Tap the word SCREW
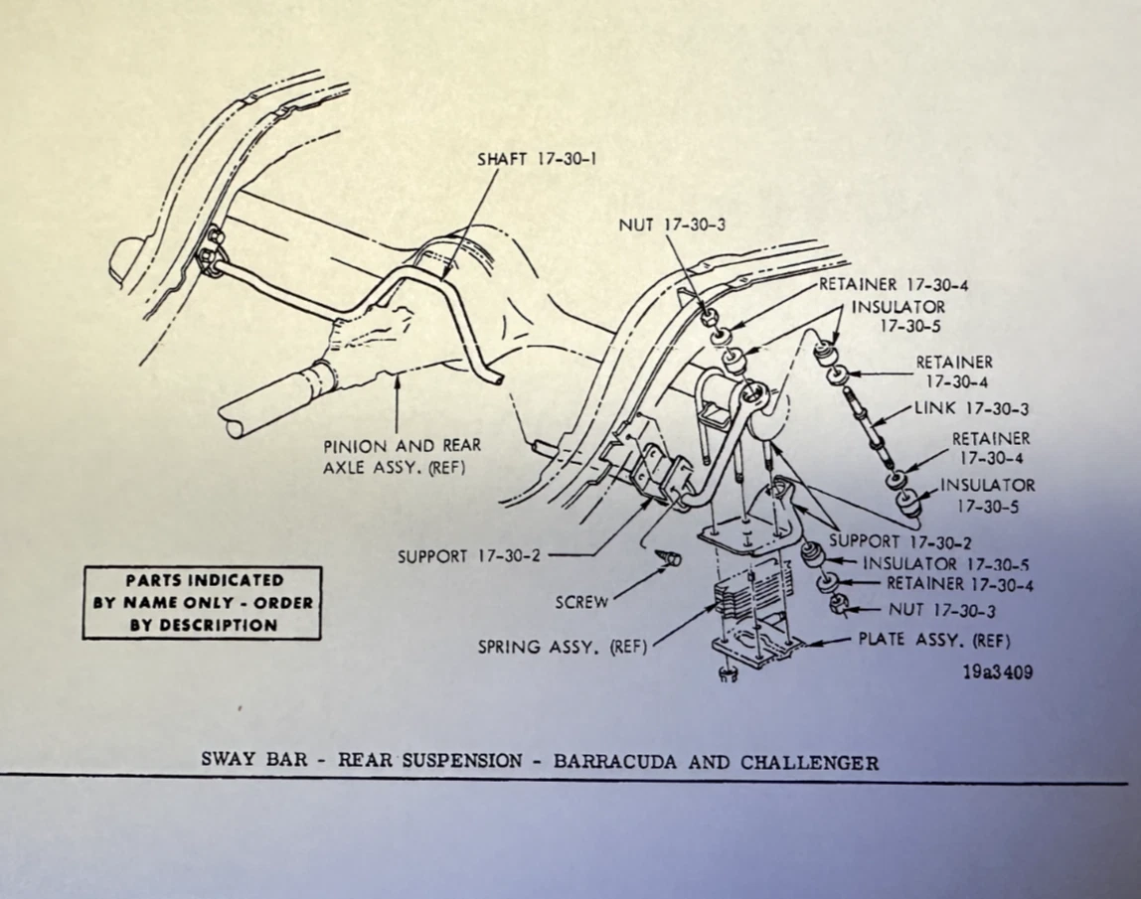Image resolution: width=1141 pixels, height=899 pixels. [x=581, y=601]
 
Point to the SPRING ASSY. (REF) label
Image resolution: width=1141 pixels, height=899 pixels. [x=563, y=647]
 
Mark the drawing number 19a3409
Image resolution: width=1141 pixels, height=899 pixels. [x=997, y=673]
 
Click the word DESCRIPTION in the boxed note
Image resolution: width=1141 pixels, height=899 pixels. [x=203, y=625]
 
